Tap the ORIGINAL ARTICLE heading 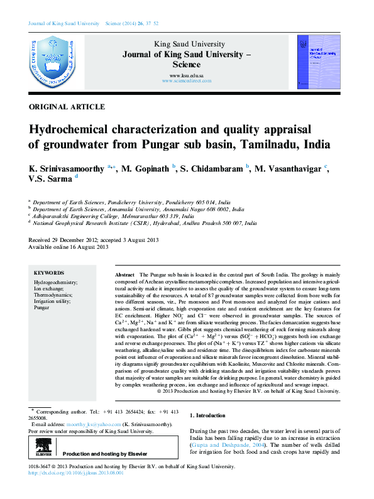(67, 107)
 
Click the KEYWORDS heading (48, 273)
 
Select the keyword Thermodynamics (53, 295)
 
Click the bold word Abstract (125, 276)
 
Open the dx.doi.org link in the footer (76, 473)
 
